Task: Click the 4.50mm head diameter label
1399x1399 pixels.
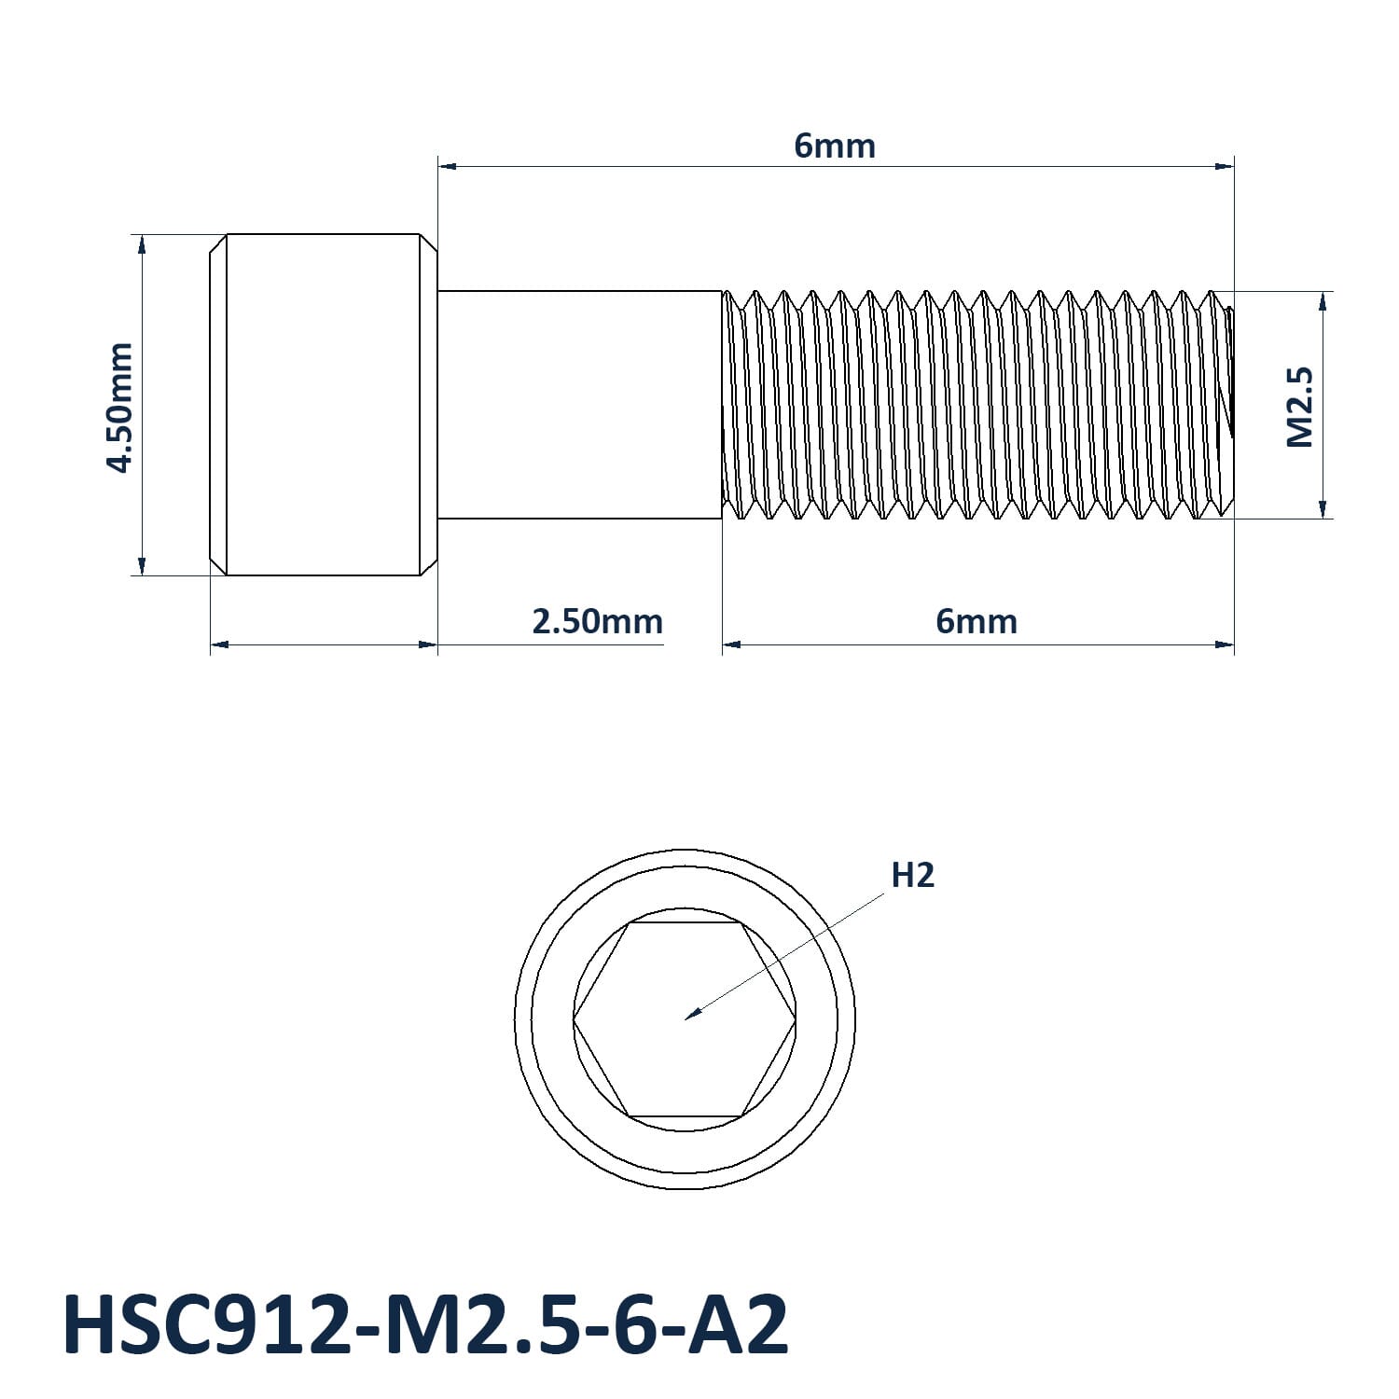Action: [120, 407]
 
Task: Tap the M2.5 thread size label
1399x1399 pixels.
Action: [1299, 406]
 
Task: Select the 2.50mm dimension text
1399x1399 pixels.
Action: [597, 621]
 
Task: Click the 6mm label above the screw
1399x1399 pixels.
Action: [835, 146]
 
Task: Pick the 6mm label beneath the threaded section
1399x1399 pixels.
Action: [977, 621]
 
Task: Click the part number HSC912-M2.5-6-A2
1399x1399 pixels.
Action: [425, 1324]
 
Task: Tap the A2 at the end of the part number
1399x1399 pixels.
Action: [739, 1324]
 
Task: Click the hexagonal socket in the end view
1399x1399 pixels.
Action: [685, 1019]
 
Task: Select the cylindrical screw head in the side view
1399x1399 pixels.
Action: [323, 404]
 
